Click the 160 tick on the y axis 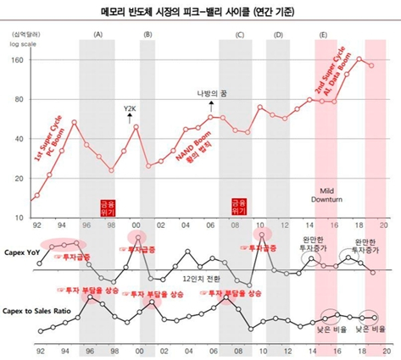coord(17,60)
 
